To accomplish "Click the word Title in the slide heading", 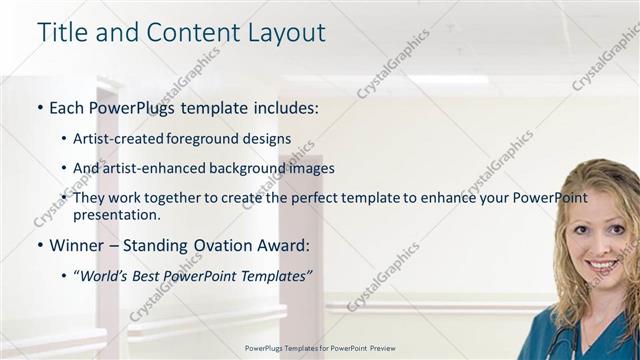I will (x=61, y=32).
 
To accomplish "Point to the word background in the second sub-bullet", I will (x=241, y=168).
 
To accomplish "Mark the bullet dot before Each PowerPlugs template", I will (x=39, y=107).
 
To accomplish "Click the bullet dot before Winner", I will (x=39, y=245).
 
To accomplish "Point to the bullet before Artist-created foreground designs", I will (x=64, y=139).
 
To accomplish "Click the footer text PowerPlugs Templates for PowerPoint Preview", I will (x=320, y=348).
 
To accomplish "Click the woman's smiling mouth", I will (x=602, y=265).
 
